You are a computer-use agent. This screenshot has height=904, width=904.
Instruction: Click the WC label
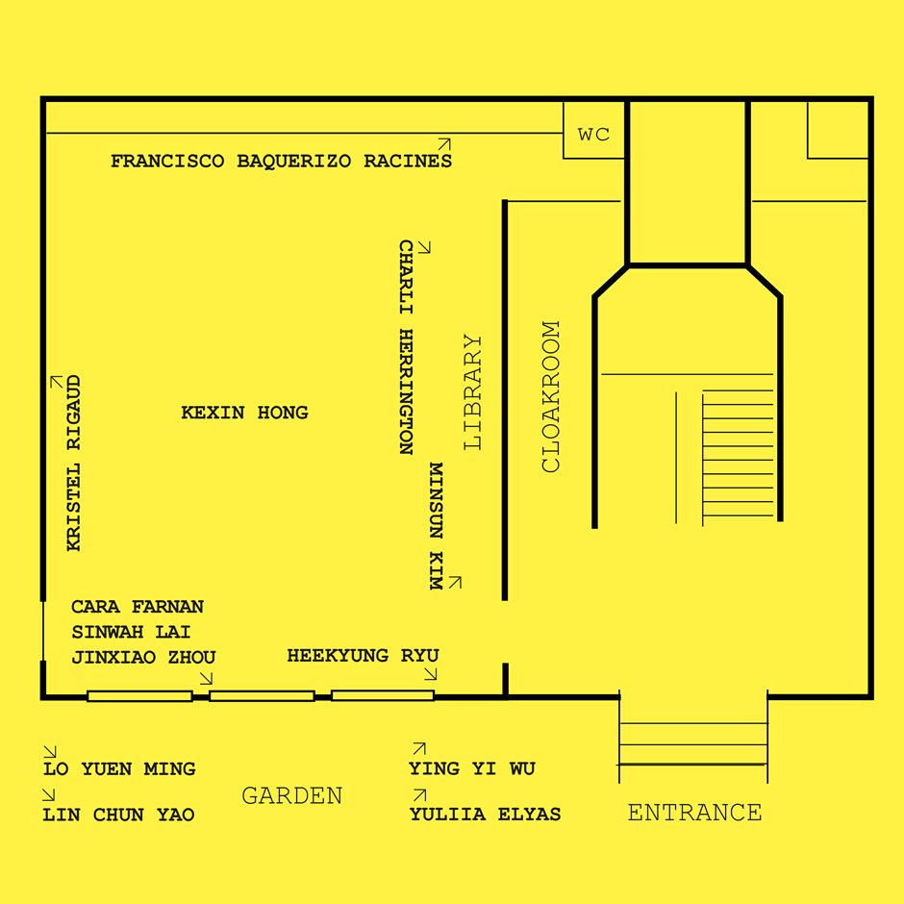[x=593, y=135]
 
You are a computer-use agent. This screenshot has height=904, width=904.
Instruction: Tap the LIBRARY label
[x=473, y=392]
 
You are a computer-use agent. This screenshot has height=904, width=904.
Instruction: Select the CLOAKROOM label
[x=551, y=396]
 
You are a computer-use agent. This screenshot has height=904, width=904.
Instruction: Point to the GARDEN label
[x=292, y=795]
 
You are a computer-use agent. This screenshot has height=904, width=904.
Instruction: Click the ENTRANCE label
[x=694, y=813]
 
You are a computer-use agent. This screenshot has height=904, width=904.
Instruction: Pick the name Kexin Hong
[x=244, y=413]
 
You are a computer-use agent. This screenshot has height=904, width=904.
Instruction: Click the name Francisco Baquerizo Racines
[x=282, y=161]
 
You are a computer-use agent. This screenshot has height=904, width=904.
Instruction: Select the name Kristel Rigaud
[x=74, y=464]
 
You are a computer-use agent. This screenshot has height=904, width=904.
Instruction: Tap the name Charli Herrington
[x=407, y=347]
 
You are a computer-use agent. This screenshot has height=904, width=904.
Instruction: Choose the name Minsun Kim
[x=437, y=526]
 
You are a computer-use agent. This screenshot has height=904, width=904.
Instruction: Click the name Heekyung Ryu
[x=364, y=656]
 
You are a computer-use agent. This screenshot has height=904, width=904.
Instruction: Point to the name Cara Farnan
[x=138, y=607]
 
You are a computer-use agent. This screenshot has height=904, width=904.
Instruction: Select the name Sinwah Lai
[x=131, y=632]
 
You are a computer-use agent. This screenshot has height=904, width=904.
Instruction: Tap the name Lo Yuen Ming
[x=119, y=768]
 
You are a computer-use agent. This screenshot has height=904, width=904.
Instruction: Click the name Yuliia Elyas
[x=485, y=814]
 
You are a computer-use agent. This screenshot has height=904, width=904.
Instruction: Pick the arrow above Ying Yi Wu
[x=419, y=748]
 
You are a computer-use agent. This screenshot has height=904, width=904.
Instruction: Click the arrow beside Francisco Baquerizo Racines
[x=444, y=144]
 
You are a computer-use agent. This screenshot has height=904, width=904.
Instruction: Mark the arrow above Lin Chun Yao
[x=49, y=795]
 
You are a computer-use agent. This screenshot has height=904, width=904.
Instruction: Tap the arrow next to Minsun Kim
[x=455, y=582]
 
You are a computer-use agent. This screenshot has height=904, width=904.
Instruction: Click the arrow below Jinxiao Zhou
[x=206, y=678]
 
